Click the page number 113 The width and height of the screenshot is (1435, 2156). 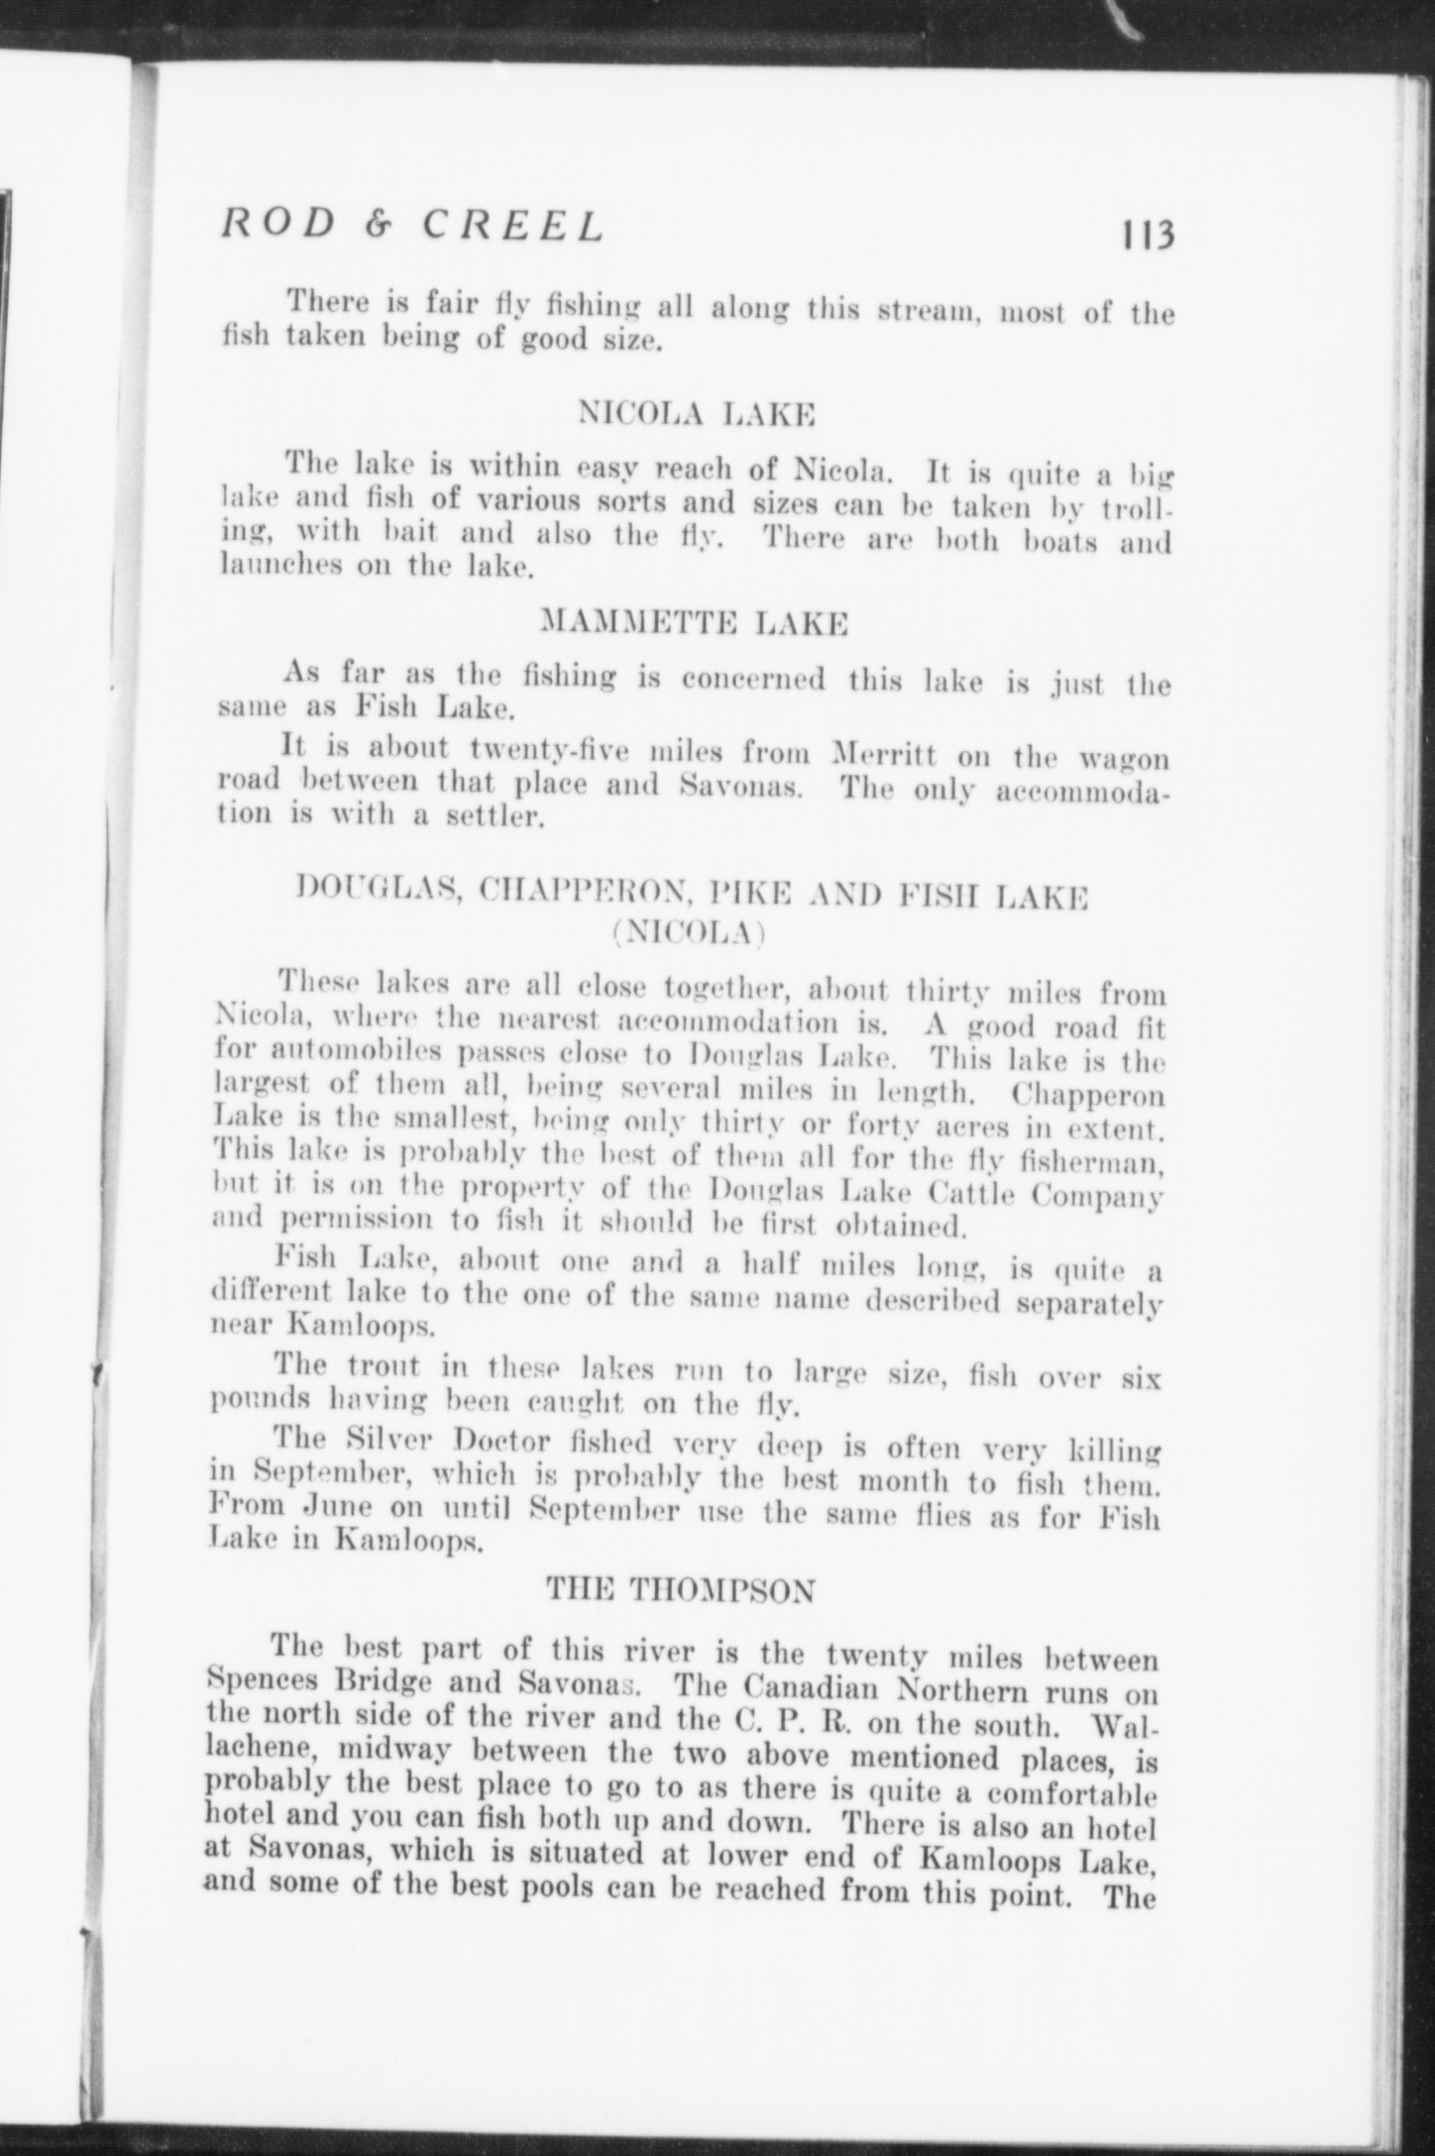coord(1147,237)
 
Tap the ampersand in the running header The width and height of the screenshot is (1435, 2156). coord(375,226)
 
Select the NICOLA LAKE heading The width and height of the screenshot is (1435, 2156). coord(697,413)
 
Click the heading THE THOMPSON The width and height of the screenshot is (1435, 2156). coord(682,1591)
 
